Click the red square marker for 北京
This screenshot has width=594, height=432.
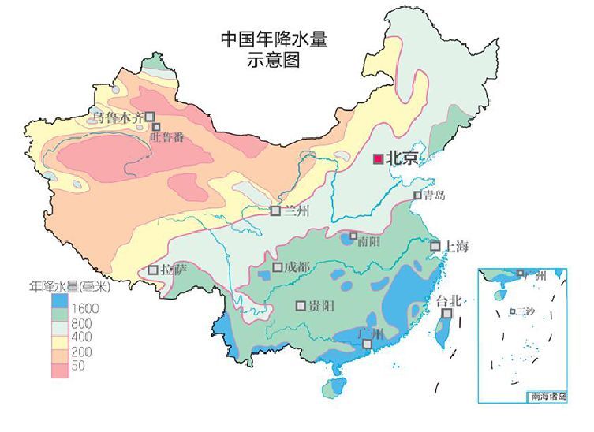379,158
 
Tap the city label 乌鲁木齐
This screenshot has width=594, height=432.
118,117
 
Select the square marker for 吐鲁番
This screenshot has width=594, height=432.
157,127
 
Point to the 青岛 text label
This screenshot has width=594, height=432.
435,195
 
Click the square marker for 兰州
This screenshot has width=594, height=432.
275,210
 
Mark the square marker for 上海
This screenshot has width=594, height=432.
435,247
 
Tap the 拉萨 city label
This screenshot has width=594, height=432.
174,270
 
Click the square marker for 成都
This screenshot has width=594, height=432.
278,267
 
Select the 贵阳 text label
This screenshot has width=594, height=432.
319,306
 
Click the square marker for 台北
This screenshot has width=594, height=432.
446,314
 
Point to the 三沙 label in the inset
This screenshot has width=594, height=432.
525,312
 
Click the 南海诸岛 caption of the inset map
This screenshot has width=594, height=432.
548,397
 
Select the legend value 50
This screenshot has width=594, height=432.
78,366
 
